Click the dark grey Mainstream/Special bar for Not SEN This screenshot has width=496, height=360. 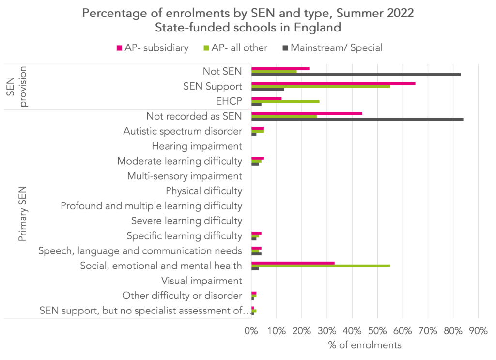pos(356,74)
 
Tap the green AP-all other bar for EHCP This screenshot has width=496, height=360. pos(285,101)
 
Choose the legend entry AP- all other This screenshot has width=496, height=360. pos(240,47)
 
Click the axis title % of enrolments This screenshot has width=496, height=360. pos(364,345)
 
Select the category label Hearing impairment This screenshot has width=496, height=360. pos(197,146)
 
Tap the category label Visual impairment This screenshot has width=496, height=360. pos(201,281)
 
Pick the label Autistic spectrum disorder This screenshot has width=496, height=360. pos(183,131)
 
